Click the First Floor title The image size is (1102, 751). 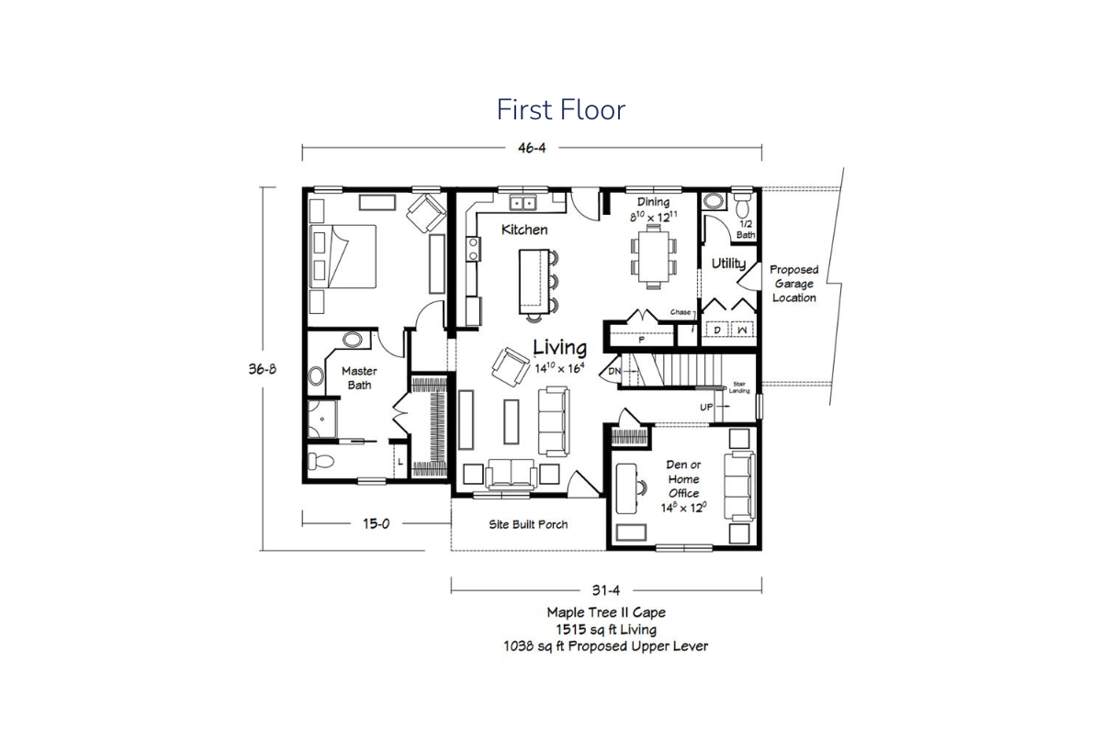tap(561, 109)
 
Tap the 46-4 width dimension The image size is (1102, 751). tap(532, 148)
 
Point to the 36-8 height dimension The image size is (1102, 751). tap(263, 369)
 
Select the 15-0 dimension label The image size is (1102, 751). tap(377, 524)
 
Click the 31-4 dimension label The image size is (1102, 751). tap(605, 590)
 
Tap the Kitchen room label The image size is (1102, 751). tap(524, 230)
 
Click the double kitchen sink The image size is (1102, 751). tap(523, 202)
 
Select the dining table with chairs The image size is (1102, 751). tap(654, 256)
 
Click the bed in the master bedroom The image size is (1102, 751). tap(343, 256)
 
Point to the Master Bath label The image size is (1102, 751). tap(360, 378)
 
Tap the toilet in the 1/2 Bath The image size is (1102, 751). tap(742, 206)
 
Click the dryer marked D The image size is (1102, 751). tap(717, 330)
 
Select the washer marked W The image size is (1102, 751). tap(742, 330)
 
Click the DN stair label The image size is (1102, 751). tap(614, 371)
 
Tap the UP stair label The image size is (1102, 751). tap(706, 408)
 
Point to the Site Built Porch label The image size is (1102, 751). tap(528, 525)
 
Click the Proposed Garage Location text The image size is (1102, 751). tap(794, 284)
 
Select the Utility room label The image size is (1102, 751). tap(728, 264)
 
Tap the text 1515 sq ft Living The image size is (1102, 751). tap(606, 630)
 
